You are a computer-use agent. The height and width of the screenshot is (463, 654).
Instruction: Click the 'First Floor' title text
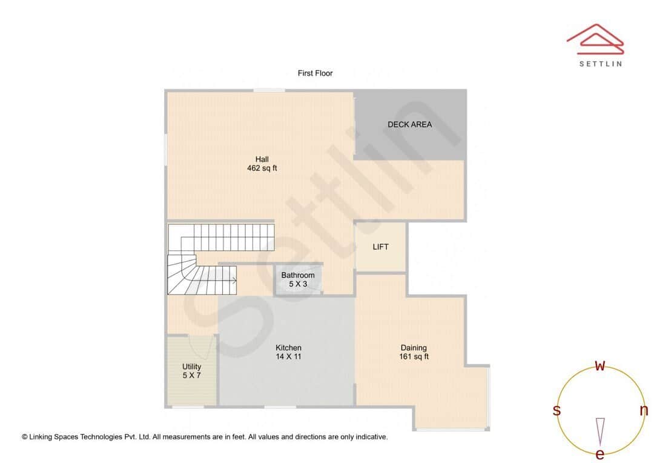point(315,73)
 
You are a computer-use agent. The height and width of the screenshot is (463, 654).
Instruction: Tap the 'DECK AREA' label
point(409,125)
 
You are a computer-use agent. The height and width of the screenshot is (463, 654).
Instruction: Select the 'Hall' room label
point(262,159)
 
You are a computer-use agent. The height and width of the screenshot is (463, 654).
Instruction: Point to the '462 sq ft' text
point(262,168)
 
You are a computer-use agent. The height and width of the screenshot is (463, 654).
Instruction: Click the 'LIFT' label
point(380,247)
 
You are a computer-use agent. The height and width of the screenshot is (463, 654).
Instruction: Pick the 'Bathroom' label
point(297,275)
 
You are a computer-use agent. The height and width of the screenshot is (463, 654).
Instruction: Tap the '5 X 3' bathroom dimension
point(297,284)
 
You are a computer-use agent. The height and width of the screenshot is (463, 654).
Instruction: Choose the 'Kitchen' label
point(288,348)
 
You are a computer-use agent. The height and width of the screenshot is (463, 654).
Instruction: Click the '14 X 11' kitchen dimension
point(288,357)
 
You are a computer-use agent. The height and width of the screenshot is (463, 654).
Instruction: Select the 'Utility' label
point(191,367)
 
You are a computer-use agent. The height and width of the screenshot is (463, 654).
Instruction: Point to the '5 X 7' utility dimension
point(191,376)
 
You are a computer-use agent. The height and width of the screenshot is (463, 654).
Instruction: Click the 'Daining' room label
point(414,348)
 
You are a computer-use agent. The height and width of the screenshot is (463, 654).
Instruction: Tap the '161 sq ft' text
point(414,357)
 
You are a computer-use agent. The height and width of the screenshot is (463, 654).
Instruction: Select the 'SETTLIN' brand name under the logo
point(600,64)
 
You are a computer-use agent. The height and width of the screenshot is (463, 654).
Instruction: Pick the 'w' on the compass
point(600,366)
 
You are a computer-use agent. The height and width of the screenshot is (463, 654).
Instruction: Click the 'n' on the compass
point(643,410)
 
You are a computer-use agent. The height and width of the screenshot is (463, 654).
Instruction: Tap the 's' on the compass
point(557,410)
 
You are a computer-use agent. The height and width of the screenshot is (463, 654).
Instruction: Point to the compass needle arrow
point(600,430)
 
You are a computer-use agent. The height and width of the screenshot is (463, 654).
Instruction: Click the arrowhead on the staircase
point(234,280)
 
